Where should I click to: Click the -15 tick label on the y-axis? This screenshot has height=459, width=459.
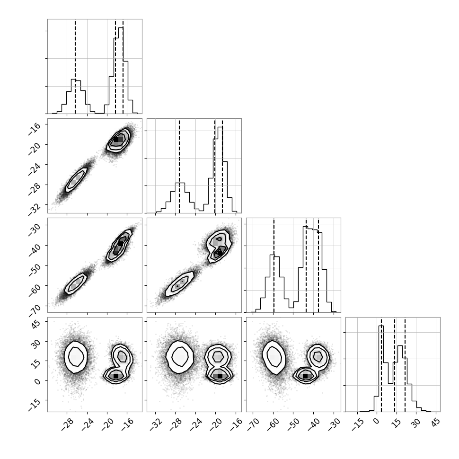tap(35, 405)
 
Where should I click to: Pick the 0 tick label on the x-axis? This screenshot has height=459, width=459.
tap(376, 421)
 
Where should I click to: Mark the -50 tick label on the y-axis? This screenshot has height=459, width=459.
tap(35, 269)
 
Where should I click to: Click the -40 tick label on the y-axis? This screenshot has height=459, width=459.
tap(35, 248)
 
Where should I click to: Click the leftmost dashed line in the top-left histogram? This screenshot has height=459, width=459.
tap(75, 66)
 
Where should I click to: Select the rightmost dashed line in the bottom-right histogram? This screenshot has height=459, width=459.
tap(405, 364)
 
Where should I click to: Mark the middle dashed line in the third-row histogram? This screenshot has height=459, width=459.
tap(306, 265)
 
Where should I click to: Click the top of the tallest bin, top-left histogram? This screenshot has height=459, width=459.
tap(121, 27)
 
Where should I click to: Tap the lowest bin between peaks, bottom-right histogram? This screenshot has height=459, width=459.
tap(390, 383)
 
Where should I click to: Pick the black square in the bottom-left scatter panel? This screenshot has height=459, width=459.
tap(116, 376)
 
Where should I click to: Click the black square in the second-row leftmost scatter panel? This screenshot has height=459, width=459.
tap(116, 140)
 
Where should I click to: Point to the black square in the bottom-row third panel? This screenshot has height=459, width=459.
tap(305, 376)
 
